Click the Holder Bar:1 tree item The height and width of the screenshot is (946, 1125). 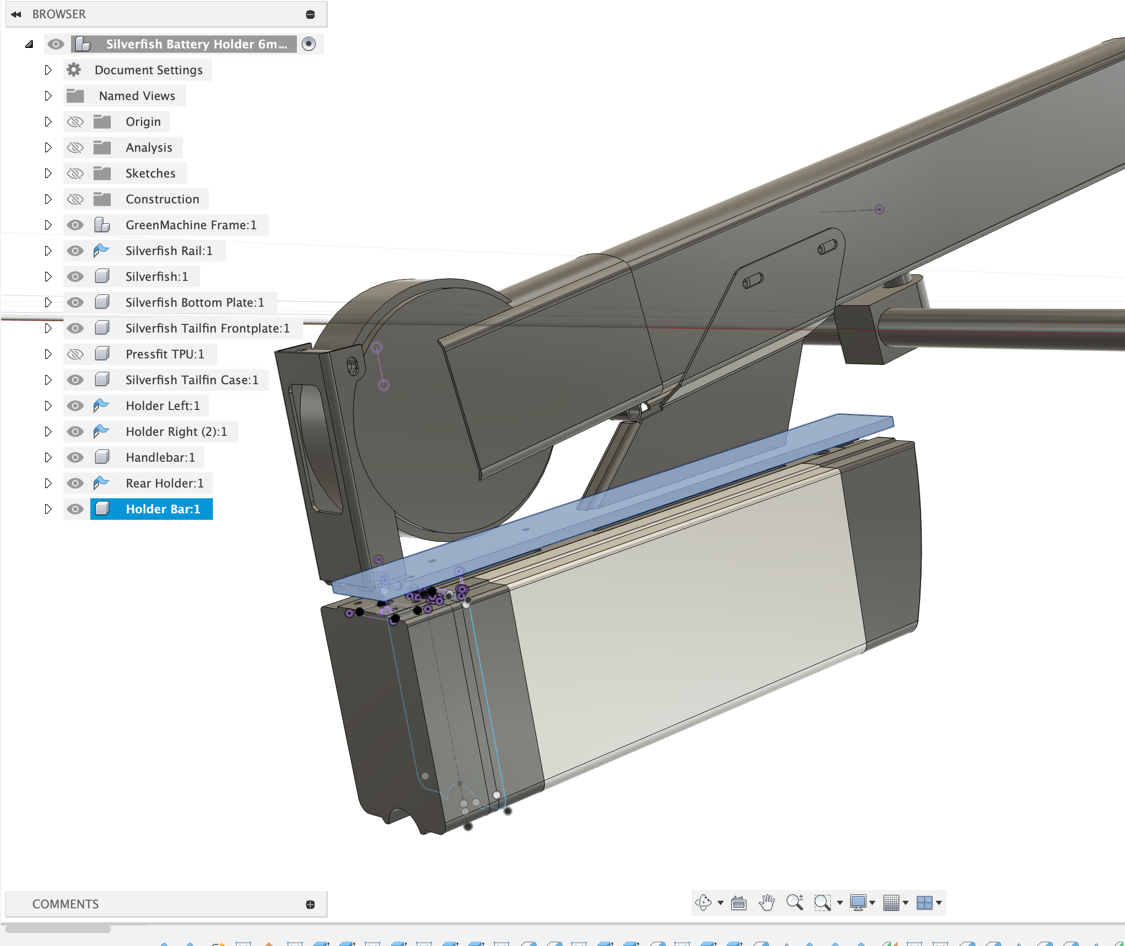tap(162, 509)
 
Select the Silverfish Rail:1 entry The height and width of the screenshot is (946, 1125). tap(168, 251)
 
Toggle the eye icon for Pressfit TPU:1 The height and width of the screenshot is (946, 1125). tap(75, 354)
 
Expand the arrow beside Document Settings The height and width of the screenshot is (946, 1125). tap(48, 70)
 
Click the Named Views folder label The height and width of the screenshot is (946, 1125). tap(137, 96)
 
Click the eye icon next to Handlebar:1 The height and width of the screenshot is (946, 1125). tap(75, 457)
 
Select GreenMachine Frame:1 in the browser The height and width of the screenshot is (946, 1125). tap(190, 225)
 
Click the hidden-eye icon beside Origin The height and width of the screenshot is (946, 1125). tap(75, 122)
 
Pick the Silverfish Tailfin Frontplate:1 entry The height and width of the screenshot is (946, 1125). tap(207, 328)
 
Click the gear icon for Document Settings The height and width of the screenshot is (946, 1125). tap(74, 70)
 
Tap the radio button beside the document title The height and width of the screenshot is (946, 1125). tap(309, 44)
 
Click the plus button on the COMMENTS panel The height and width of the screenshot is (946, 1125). tap(310, 905)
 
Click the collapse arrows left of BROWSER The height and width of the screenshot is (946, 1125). tap(16, 15)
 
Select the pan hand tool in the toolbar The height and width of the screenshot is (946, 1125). tap(767, 902)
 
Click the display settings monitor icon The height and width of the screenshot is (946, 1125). tap(858, 902)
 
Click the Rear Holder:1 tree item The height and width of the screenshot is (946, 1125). tap(164, 483)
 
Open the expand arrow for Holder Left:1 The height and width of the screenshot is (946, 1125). tap(48, 406)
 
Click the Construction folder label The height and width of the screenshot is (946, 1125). tap(162, 199)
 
